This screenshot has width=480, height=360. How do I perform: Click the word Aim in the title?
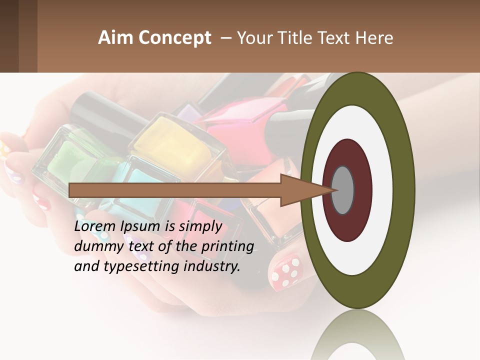click(115, 38)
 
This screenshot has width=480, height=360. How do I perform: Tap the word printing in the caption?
click(227, 247)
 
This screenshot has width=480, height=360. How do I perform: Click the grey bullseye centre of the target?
click(343, 190)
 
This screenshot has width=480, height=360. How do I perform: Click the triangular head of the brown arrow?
click(305, 190)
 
